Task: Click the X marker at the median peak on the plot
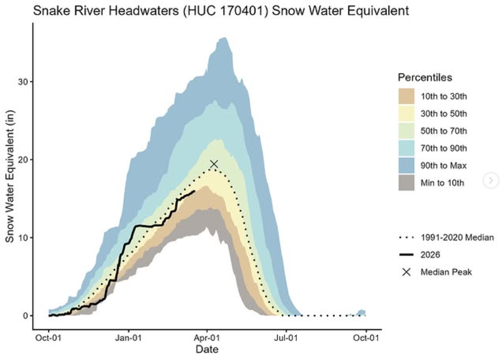(x=214, y=164)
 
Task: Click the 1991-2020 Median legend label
(x=457, y=238)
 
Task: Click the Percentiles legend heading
(x=425, y=77)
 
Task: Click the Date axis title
(x=208, y=350)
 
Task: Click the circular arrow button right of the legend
(x=491, y=180)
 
